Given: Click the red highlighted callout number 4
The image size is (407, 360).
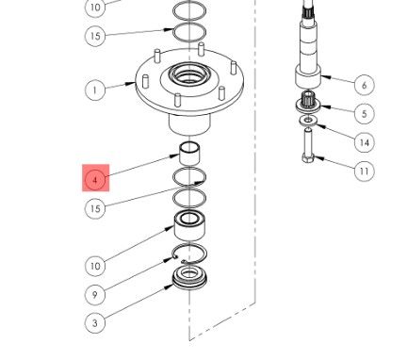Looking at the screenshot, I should pyautogui.click(x=96, y=177).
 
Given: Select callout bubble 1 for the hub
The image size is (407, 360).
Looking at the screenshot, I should pyautogui.click(x=95, y=90).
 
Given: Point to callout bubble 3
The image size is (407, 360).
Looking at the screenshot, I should pyautogui.click(x=95, y=323).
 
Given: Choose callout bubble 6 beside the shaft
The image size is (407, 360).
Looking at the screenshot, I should pyautogui.click(x=364, y=85).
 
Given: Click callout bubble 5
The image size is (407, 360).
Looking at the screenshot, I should pyautogui.click(x=364, y=113).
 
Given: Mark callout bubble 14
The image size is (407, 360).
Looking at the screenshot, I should pyautogui.click(x=364, y=142).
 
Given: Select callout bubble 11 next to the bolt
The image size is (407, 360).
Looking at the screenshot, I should pyautogui.click(x=364, y=171).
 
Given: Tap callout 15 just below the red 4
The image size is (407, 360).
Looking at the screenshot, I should pyautogui.click(x=95, y=207).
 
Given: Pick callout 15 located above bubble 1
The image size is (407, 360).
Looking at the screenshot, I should pyautogui.click(x=95, y=36).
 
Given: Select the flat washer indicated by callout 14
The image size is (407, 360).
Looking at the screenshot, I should pyautogui.click(x=309, y=121).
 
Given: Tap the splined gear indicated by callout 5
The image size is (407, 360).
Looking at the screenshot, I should pyautogui.click(x=309, y=106).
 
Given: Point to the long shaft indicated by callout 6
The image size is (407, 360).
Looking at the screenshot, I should pyautogui.click(x=309, y=47).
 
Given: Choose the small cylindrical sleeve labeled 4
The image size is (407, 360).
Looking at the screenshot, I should pyautogui.click(x=190, y=150).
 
